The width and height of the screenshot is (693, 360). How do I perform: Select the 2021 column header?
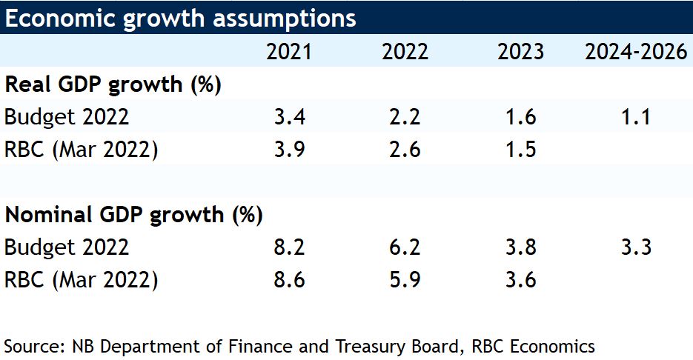click(289, 52)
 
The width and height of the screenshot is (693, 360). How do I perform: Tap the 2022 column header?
click(405, 52)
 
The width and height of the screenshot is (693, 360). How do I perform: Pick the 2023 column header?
click(520, 52)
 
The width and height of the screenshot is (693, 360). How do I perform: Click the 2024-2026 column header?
click(635, 52)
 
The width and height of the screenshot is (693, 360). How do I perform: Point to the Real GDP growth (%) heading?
click(113, 84)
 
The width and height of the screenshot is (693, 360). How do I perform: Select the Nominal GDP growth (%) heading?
click(134, 215)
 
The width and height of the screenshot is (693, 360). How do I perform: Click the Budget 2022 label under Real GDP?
click(67, 117)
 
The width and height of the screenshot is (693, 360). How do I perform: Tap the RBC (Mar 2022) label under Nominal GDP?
click(82, 280)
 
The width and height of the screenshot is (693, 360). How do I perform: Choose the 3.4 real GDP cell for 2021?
click(289, 117)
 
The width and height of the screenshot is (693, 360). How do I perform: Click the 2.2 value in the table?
click(405, 117)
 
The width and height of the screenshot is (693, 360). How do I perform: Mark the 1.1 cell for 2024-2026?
click(636, 117)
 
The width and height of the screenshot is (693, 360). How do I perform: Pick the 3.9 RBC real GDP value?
click(289, 150)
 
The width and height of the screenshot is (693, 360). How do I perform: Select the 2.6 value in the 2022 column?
click(405, 150)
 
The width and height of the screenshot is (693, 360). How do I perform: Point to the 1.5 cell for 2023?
click(520, 150)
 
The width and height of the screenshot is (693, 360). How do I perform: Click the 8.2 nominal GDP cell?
click(289, 247)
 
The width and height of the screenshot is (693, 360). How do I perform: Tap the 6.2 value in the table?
click(405, 247)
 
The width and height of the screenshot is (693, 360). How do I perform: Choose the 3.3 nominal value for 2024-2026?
click(636, 247)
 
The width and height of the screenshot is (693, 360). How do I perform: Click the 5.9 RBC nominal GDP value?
click(405, 280)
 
